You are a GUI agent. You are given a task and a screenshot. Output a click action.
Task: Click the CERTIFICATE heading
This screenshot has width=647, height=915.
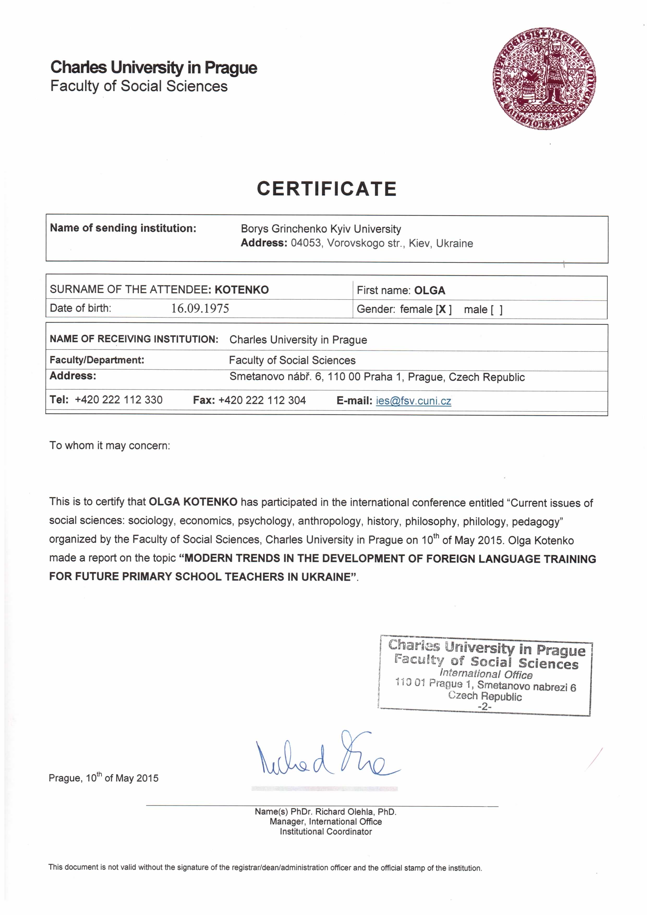(x=327, y=189)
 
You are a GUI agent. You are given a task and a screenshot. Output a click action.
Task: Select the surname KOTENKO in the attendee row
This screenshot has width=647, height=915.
(x=241, y=290)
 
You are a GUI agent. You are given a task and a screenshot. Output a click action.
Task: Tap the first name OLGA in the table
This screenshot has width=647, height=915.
(x=430, y=291)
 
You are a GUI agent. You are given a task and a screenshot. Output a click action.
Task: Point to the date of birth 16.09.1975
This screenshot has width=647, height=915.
(x=200, y=309)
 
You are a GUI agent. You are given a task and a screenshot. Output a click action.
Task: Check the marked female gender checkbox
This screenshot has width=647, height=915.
(x=443, y=310)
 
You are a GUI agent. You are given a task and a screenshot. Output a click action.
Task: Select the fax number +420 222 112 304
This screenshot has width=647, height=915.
(x=262, y=400)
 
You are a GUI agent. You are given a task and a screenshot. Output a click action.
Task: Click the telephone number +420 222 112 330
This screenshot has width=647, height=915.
(x=119, y=400)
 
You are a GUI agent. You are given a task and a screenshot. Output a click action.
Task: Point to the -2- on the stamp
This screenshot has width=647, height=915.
(x=485, y=707)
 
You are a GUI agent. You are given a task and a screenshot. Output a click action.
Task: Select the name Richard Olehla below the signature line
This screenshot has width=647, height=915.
(x=344, y=812)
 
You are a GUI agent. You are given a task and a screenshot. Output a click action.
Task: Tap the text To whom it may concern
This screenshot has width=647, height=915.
(x=110, y=446)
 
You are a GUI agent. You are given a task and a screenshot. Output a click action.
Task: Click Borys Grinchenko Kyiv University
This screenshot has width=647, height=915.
(x=321, y=229)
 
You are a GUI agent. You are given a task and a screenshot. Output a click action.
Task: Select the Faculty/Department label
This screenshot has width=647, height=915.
(x=97, y=360)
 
